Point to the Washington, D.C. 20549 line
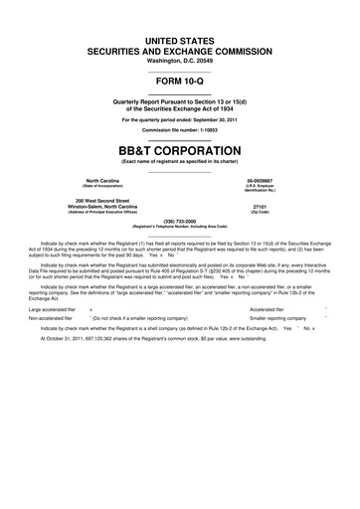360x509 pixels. pos(180,60)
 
